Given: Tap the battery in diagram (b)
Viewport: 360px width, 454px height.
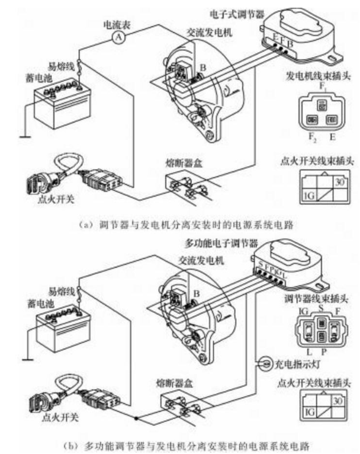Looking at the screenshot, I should pyautogui.click(x=59, y=328).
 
